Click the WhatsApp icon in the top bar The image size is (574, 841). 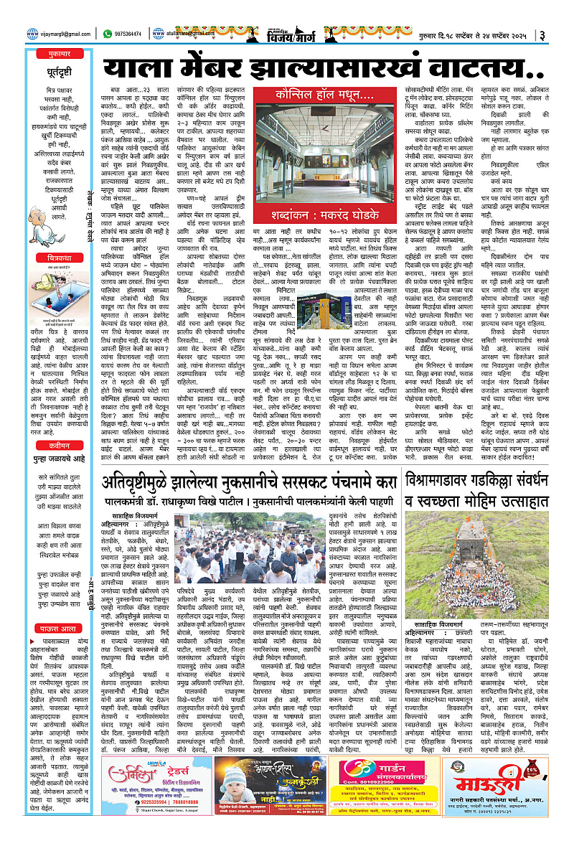(x=107, y=33)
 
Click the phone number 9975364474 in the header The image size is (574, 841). (x=133, y=33)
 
